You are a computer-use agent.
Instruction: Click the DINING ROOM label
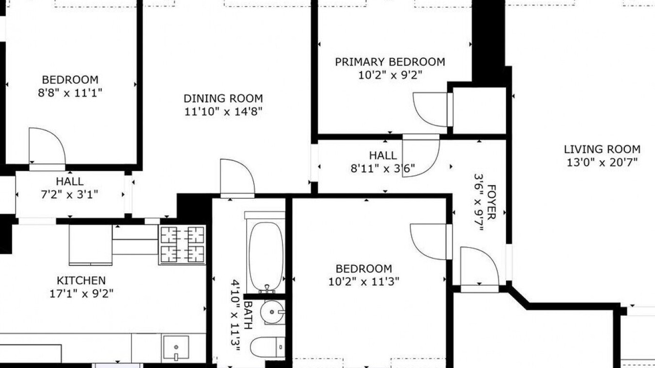(x=223, y=99)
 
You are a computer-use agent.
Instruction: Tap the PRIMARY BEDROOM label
(x=390, y=62)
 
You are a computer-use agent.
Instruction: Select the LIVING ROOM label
(x=602, y=150)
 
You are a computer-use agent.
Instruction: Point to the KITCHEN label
(x=81, y=281)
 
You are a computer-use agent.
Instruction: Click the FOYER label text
(x=492, y=202)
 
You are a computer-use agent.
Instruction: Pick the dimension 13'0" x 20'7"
(x=602, y=163)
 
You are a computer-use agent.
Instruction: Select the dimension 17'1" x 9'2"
(x=81, y=293)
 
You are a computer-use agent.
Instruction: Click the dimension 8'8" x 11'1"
(x=70, y=93)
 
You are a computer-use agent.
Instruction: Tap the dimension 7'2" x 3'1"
(x=70, y=194)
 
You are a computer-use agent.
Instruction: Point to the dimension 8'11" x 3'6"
(x=383, y=169)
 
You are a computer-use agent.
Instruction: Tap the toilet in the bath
(x=268, y=347)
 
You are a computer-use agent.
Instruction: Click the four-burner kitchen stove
(x=182, y=245)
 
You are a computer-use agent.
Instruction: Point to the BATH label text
(x=248, y=315)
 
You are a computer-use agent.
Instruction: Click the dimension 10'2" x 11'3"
(x=364, y=282)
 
